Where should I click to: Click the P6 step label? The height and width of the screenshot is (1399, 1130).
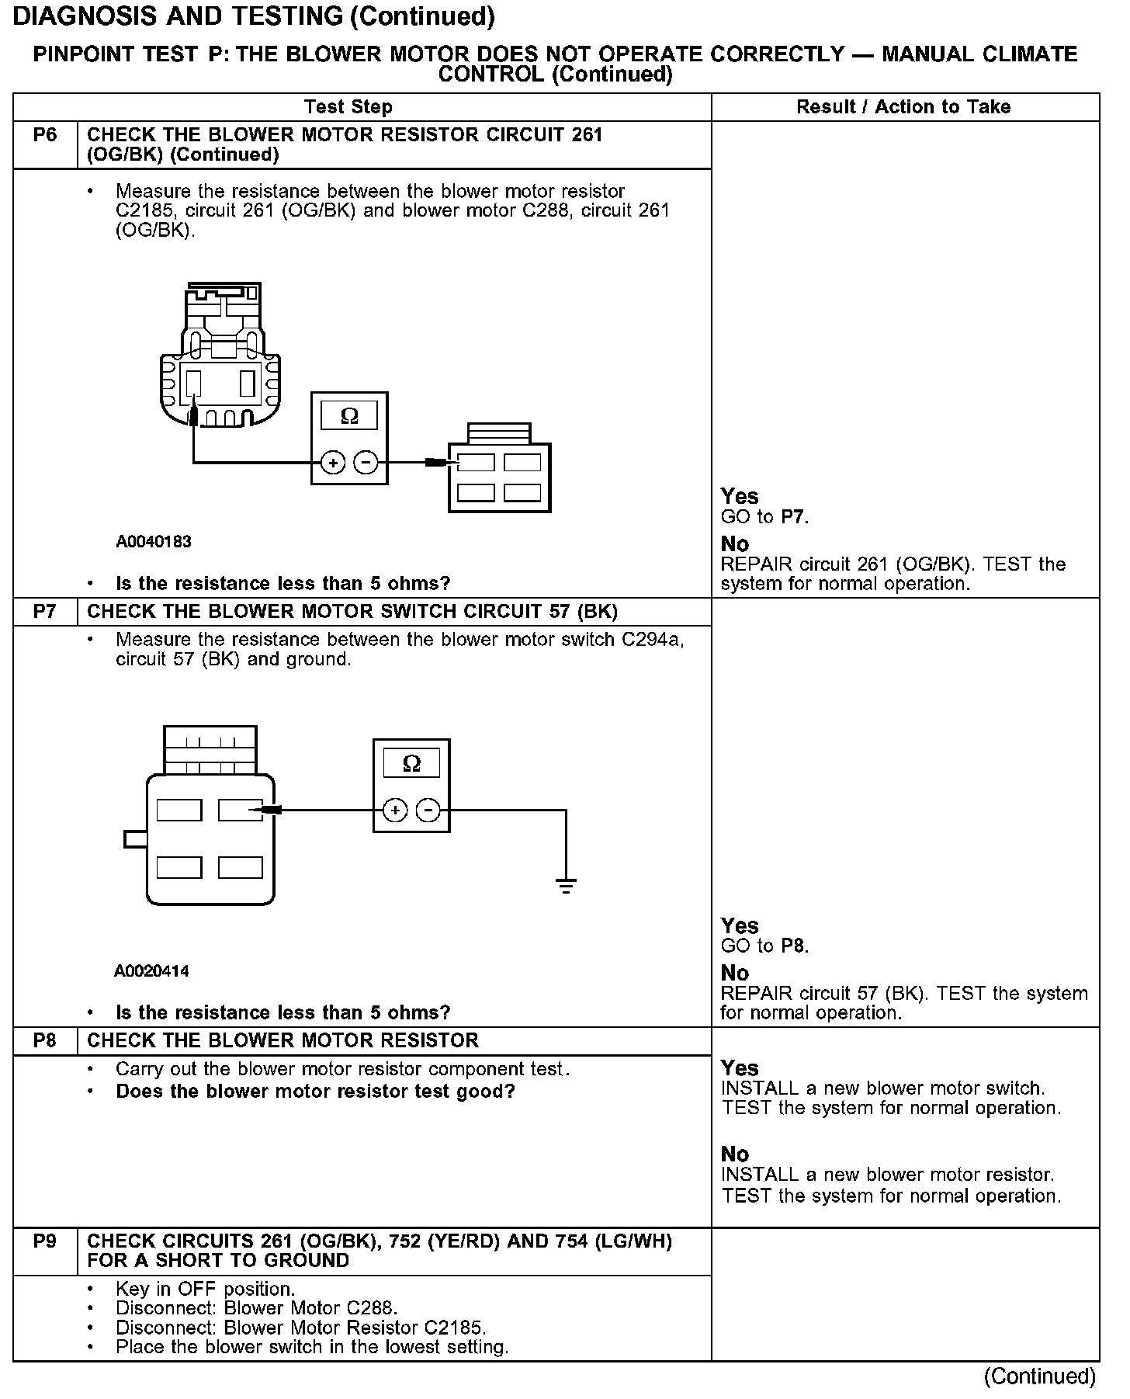[x=45, y=136]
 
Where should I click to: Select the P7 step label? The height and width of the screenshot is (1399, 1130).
[x=45, y=612]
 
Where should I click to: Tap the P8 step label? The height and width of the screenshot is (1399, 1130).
[x=45, y=1040]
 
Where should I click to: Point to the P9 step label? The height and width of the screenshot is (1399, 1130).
[x=45, y=1241]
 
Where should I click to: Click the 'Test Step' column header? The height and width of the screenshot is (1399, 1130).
[x=348, y=107]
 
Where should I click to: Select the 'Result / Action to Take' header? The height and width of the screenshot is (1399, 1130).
[x=903, y=107]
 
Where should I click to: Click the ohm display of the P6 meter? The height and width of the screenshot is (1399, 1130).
[x=349, y=416]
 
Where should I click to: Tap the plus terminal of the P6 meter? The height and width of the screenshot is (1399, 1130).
[x=333, y=463]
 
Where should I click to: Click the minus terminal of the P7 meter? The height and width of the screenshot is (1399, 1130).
[x=428, y=811]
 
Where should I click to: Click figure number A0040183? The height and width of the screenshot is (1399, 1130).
[x=154, y=542]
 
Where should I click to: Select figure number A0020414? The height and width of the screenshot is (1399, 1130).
[x=151, y=971]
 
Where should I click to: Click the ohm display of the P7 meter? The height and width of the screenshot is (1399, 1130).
[x=411, y=763]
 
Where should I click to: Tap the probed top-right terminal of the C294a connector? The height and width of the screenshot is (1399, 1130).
[x=241, y=811]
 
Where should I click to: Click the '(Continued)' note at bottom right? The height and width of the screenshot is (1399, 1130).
[x=1039, y=1376]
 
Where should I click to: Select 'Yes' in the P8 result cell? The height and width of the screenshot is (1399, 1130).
[x=740, y=1068]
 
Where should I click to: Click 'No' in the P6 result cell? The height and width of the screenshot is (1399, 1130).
[x=735, y=543]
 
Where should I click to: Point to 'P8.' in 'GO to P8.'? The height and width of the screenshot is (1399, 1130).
[x=795, y=946]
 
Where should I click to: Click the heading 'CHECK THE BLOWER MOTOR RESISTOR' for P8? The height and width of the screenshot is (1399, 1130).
[x=283, y=1040]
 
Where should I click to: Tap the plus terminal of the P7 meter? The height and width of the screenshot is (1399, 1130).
[x=395, y=811]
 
